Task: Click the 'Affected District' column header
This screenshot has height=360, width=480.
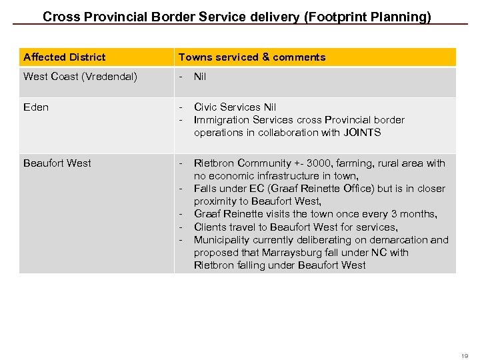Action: (x=64, y=57)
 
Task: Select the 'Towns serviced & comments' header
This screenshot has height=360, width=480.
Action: (x=252, y=57)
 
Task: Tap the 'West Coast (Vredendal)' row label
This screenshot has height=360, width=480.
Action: (x=80, y=77)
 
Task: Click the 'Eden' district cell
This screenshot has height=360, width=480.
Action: (x=36, y=107)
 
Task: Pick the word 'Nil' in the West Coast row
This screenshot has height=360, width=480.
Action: (x=200, y=77)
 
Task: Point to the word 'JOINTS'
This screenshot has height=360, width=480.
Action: (x=363, y=133)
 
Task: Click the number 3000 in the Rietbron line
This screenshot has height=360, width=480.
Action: (x=320, y=163)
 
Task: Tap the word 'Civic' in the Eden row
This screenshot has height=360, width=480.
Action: (x=205, y=107)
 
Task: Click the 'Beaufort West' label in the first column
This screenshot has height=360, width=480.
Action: (x=57, y=163)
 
